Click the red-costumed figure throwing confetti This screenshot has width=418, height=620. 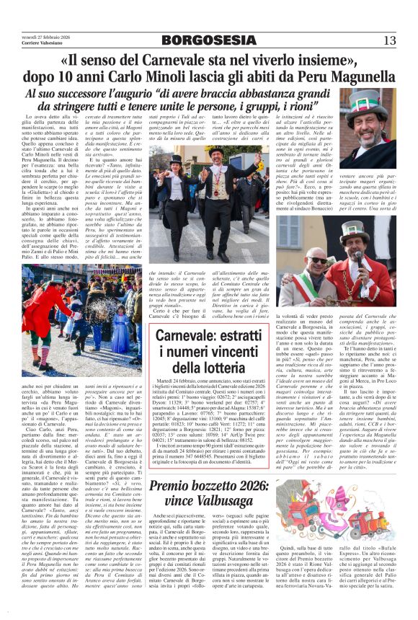click(x=50, y=303)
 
